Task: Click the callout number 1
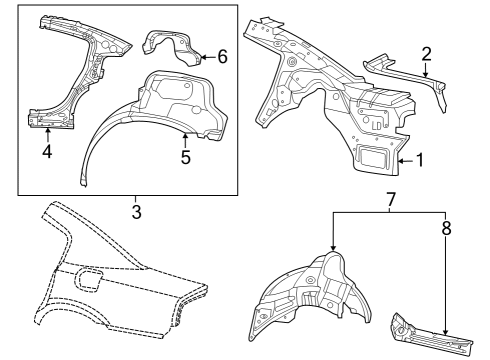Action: tap(420, 159)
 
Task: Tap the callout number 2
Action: tap(426, 53)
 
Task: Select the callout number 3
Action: tap(136, 211)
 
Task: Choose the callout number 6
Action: tap(222, 57)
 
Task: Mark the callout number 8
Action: tap(446, 228)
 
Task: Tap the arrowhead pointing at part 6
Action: tap(202, 58)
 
